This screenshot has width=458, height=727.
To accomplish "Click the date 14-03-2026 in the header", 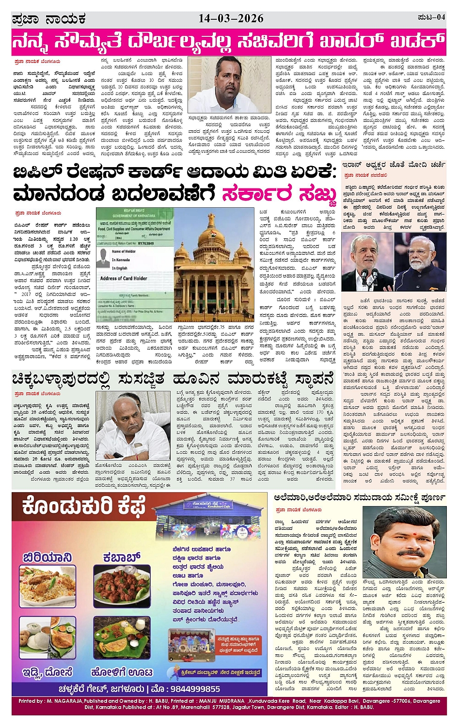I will (231, 18).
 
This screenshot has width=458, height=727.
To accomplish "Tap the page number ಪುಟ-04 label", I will (431, 18).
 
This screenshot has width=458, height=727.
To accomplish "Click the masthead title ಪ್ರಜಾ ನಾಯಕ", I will (48, 19).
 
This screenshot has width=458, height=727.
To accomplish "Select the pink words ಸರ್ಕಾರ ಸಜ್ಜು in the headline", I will (279, 194).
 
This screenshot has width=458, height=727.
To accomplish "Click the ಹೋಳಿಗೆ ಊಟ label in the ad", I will (122, 672).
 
